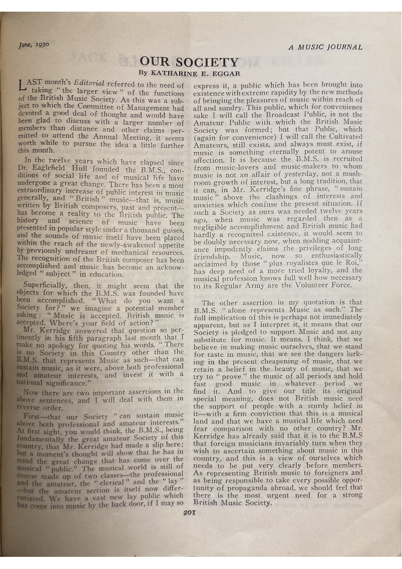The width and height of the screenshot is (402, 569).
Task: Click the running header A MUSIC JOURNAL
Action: pos(325,47)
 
